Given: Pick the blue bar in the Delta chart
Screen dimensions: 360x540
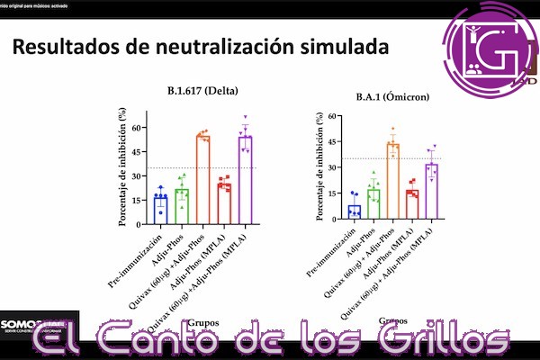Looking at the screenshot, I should (x=160, y=209).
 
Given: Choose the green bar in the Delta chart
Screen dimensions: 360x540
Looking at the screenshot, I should (x=182, y=205).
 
